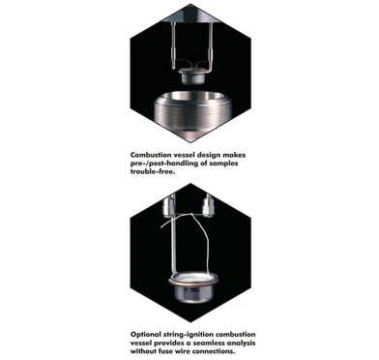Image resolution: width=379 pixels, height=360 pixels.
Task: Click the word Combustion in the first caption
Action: coord(155,153)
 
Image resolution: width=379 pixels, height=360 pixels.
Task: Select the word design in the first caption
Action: coord(216,153)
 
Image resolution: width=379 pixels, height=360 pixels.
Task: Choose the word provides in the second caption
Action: coord(160,344)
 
